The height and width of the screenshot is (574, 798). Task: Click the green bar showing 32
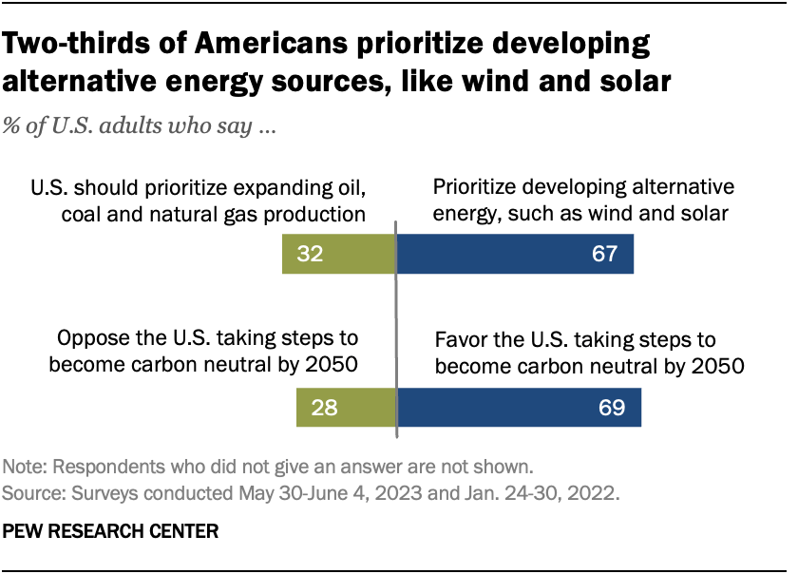point(338,255)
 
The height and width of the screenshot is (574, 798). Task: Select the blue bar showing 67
point(514,255)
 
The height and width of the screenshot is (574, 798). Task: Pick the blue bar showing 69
point(519,408)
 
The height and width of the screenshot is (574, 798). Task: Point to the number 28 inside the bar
point(324,408)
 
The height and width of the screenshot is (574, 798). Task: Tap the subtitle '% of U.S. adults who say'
point(141,128)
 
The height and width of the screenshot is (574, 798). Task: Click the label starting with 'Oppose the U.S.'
point(212,353)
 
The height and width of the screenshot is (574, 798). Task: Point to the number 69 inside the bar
point(611,408)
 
